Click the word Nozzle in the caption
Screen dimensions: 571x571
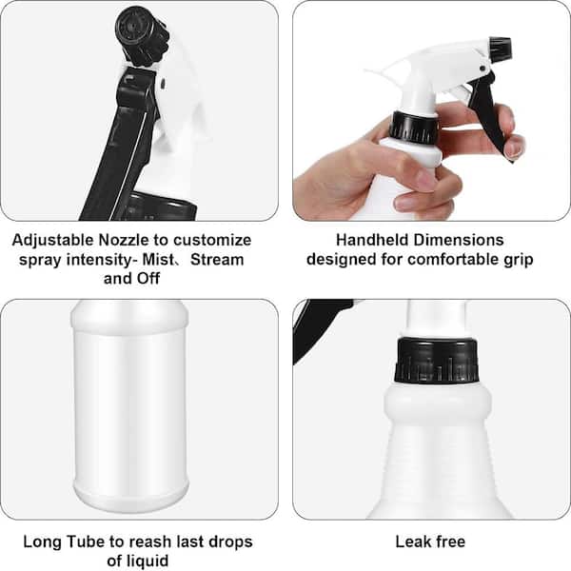pos(124,241)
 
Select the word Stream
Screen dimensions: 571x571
pos(217,260)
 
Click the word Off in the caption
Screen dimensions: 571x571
pos(148,279)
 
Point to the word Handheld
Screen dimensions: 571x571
pos(372,241)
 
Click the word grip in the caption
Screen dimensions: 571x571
pos(519,261)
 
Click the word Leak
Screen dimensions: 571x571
pos(412,541)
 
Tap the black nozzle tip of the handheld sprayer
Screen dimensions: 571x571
pos(501,49)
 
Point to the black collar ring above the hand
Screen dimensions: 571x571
pos(414,128)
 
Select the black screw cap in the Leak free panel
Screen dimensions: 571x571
pos(436,361)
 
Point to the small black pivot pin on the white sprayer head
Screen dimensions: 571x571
pos(482,69)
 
